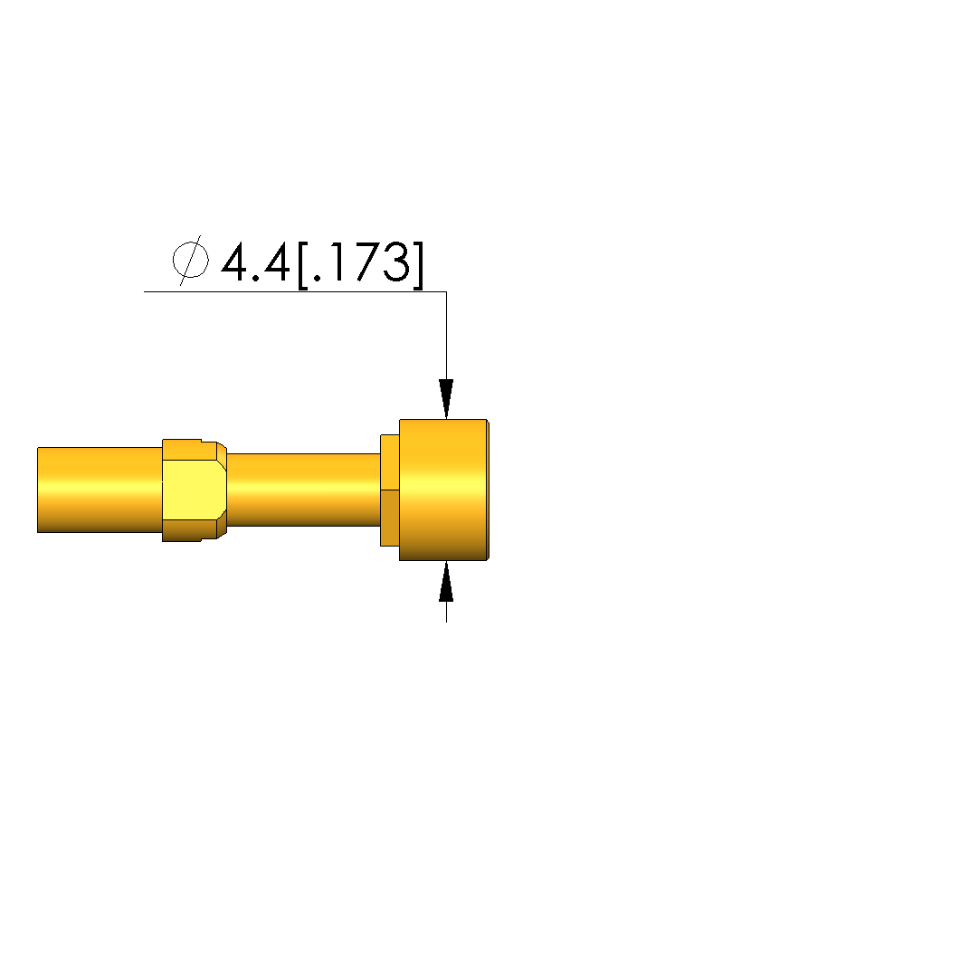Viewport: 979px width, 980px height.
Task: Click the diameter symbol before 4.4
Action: point(191,261)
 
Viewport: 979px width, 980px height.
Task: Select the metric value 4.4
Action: point(256,262)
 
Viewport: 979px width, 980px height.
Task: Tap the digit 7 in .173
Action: point(362,262)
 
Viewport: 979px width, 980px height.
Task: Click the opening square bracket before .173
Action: point(303,265)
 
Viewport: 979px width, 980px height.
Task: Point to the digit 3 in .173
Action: point(396,262)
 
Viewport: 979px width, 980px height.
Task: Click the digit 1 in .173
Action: point(336,262)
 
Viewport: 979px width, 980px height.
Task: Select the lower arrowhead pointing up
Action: point(446,581)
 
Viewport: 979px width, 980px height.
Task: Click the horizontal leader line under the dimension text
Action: point(295,292)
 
